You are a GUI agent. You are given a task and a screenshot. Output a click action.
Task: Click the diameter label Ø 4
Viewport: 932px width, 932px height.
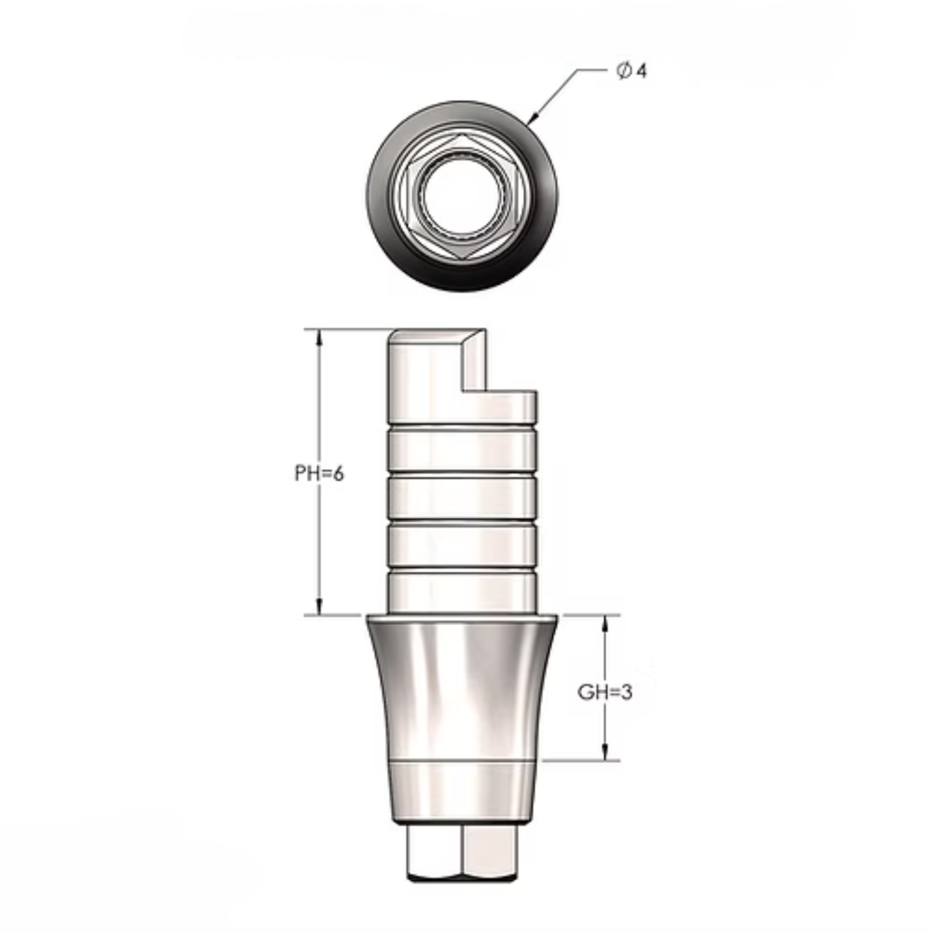tap(631, 71)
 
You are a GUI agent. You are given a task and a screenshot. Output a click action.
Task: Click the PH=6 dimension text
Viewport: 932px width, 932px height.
tap(319, 474)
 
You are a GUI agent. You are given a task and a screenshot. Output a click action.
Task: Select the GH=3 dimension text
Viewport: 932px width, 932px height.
tap(604, 693)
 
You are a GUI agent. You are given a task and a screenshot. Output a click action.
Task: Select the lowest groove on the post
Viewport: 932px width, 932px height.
tap(462, 570)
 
